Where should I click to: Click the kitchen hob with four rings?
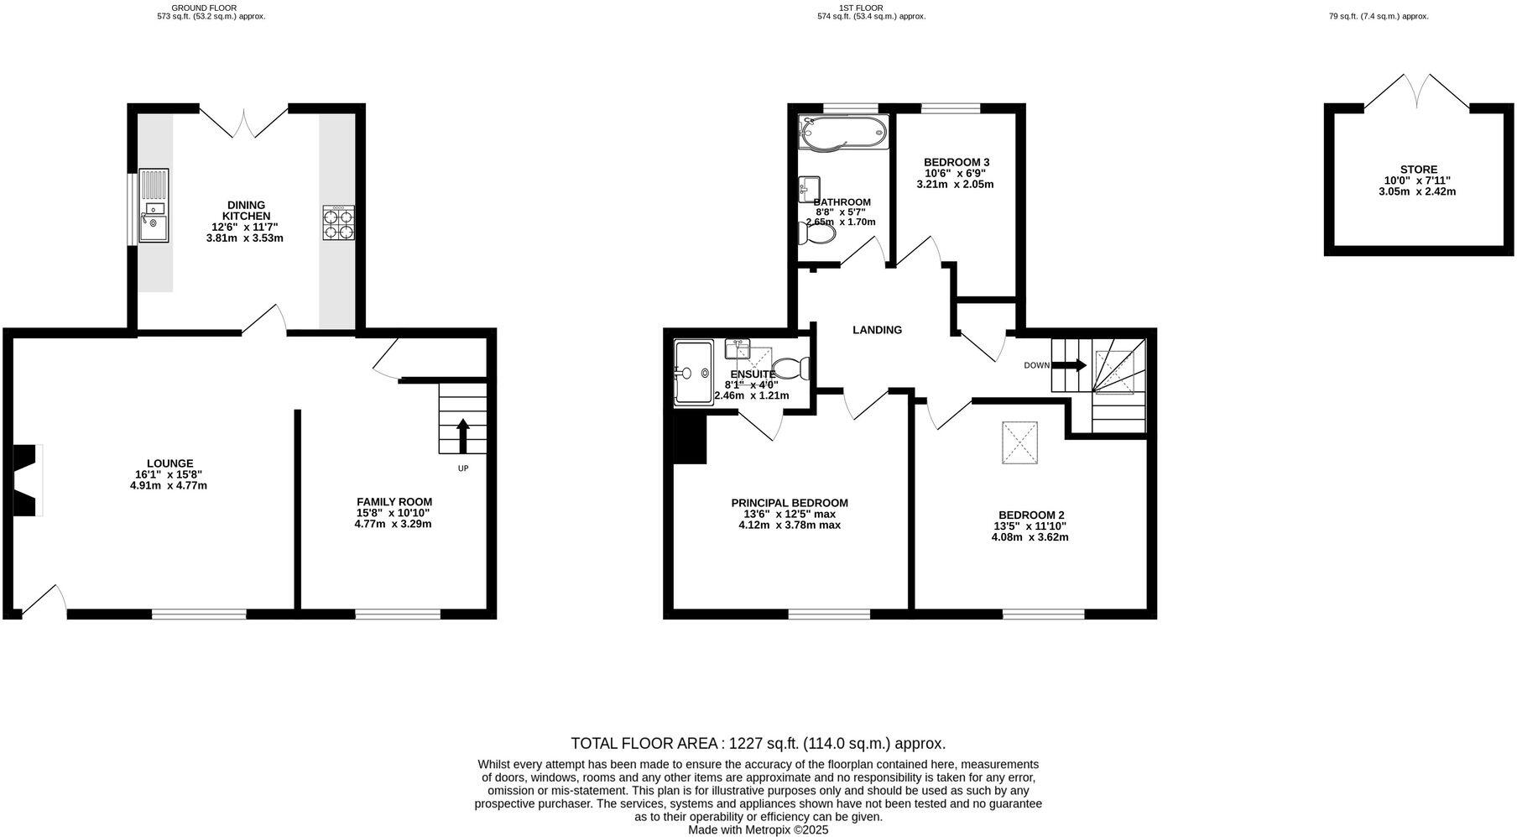point(338,223)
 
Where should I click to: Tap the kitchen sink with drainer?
point(154,206)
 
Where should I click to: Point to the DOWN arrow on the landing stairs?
point(1068,365)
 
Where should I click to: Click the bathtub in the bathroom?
point(842,133)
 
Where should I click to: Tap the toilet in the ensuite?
point(790,368)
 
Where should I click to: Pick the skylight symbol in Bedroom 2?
point(1019,442)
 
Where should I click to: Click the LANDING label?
point(877,330)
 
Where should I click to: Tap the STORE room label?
point(1418,170)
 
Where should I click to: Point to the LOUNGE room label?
point(169,463)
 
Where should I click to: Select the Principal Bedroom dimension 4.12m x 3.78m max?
point(789,526)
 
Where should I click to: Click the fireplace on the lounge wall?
point(29,480)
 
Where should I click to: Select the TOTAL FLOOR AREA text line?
point(758,743)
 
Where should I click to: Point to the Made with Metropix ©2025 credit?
point(758,829)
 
